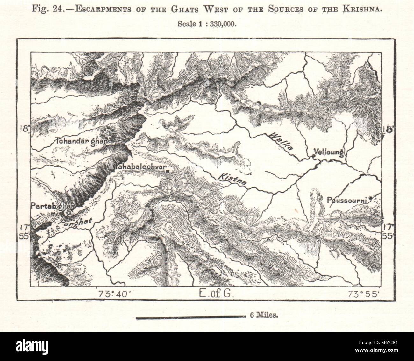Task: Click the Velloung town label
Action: click(328, 152)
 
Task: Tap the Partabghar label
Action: click(52, 206)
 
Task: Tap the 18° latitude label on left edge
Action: click(24, 129)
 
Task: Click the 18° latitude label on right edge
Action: click(389, 129)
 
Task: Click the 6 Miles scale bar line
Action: click(189, 317)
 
